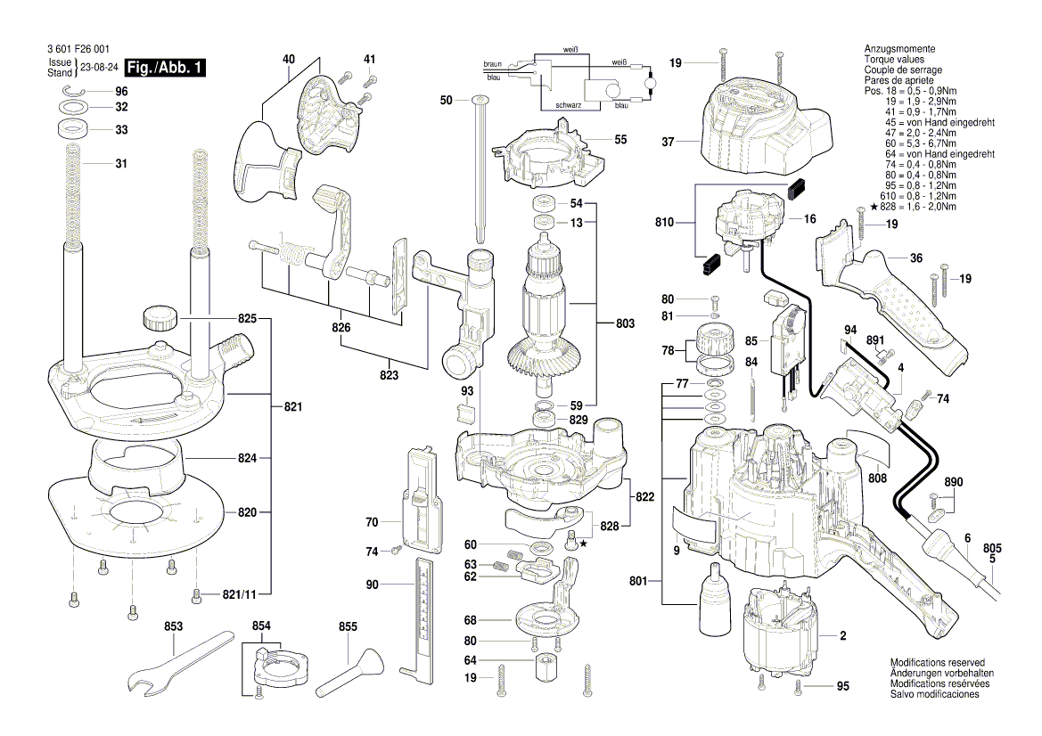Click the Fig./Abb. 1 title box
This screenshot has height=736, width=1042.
pos(166,68)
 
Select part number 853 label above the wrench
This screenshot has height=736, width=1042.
pos(173,627)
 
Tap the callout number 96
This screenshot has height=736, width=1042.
pos(121,92)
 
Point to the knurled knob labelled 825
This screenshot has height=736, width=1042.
pos(159,316)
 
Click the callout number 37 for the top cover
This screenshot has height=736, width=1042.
pos(669,141)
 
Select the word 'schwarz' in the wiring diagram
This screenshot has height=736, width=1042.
pos(569,106)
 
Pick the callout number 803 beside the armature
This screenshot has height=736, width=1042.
pos(624,324)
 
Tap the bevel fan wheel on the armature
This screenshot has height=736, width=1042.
pos(548,362)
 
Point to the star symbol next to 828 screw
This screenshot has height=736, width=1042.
pos(584,543)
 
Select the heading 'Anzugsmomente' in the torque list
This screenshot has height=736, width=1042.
pos(899,48)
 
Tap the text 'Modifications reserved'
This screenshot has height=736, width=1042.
pos(937,663)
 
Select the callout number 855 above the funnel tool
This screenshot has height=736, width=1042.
pos(348,627)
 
